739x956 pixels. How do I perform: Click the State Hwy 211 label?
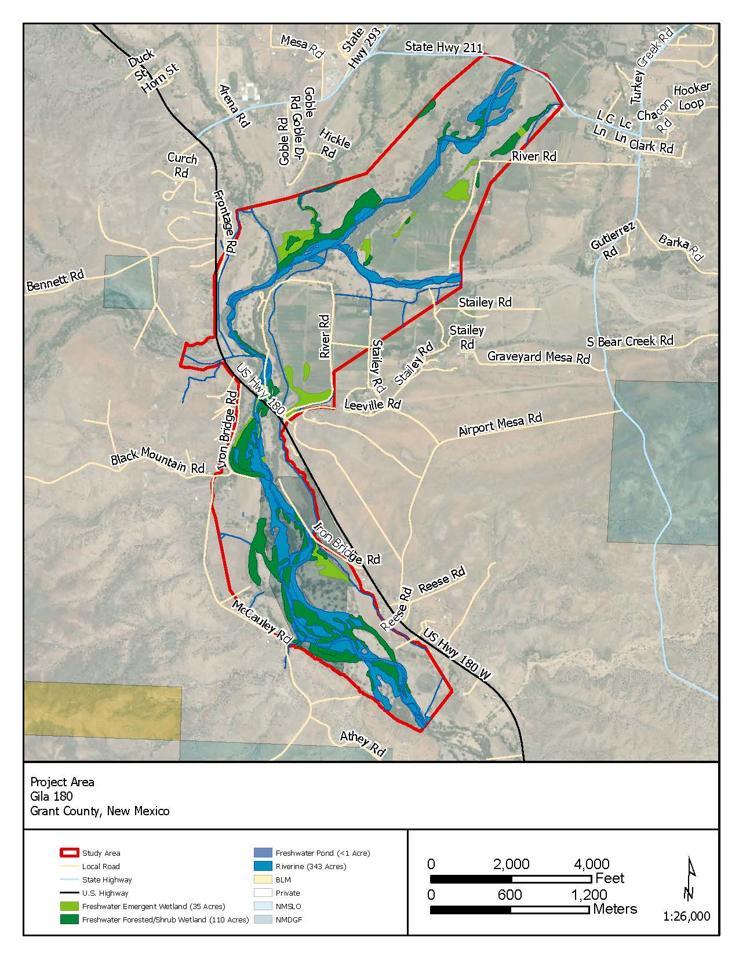tap(443, 47)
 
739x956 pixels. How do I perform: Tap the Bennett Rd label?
tap(55, 281)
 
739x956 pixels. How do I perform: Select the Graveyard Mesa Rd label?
tap(538, 357)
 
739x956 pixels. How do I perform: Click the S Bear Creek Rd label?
tap(629, 341)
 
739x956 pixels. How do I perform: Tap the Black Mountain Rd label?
tap(158, 460)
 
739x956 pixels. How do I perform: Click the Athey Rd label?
tap(363, 743)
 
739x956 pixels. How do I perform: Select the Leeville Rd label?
tap(372, 404)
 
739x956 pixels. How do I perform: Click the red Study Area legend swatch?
tap(68, 853)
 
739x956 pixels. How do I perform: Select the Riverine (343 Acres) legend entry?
tap(311, 866)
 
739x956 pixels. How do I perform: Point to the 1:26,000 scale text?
tap(687, 917)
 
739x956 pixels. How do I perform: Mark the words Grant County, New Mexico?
tap(100, 811)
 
